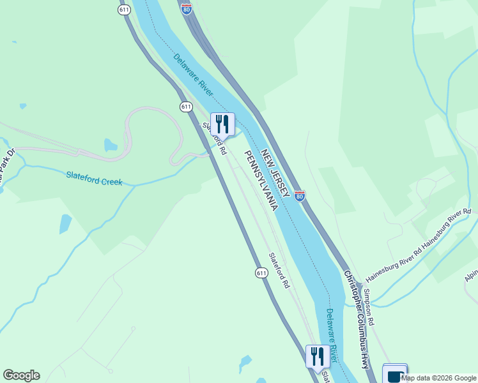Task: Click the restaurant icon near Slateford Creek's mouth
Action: click(222, 123)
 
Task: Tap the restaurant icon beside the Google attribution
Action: click(318, 356)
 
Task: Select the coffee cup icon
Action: click(394, 375)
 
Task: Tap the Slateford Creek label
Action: click(94, 178)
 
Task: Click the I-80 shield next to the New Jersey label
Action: click(300, 196)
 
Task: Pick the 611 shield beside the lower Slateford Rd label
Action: click(261, 273)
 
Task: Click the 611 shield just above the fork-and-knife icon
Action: click(186, 107)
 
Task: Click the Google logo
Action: click(21, 375)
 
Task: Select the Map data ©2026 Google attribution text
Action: click(439, 378)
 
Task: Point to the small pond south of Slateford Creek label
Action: click(65, 223)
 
